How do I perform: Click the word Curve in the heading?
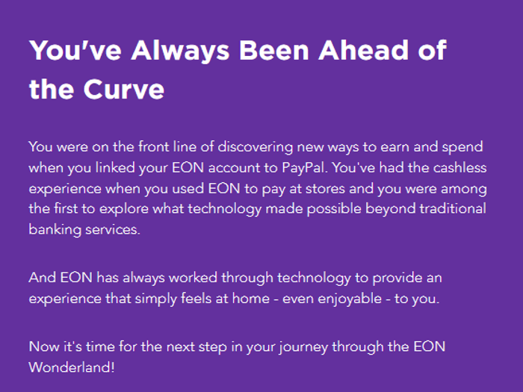point(124,90)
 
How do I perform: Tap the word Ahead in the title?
point(364,50)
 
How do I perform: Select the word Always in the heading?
point(180,52)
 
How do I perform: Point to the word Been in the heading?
point(274,50)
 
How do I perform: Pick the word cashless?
point(460,167)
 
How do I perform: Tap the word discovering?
point(256,147)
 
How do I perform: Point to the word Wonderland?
point(72,367)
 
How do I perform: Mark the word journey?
point(303,347)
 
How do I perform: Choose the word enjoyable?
point(350,299)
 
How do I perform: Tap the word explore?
point(124,209)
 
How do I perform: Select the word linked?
point(115,167)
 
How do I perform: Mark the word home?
point(251,299)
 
